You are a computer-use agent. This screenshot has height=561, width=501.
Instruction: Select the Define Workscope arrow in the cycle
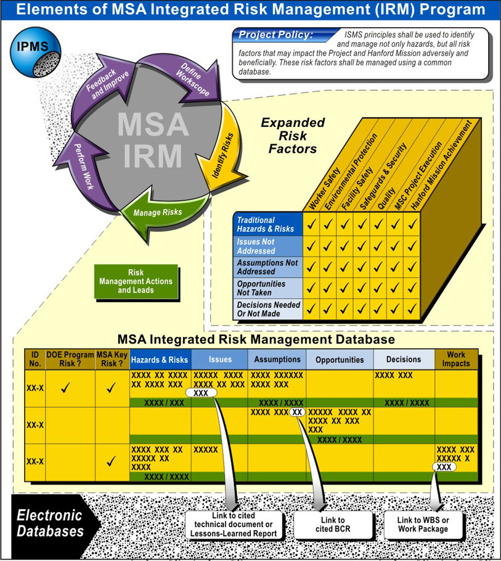pyautogui.click(x=185, y=77)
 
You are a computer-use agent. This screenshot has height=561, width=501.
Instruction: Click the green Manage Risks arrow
pyautogui.click(x=157, y=213)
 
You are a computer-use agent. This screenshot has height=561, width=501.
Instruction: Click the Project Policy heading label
pyautogui.click(x=275, y=35)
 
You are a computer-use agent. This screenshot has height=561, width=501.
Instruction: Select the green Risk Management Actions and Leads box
pyautogui.click(x=136, y=281)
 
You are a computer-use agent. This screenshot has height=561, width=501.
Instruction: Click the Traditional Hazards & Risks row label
pyautogui.click(x=269, y=224)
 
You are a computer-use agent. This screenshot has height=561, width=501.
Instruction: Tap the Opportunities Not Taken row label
pyautogui.click(x=269, y=288)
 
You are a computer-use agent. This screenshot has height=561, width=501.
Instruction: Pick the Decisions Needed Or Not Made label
pyautogui.click(x=269, y=309)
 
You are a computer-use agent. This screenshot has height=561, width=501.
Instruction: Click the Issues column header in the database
pyautogui.click(x=219, y=359)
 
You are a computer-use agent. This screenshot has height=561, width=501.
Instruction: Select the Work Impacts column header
pyautogui.click(x=456, y=359)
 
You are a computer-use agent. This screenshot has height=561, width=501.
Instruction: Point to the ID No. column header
pyautogui.click(x=35, y=359)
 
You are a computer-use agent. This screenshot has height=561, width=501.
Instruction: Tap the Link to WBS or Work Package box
pyautogui.click(x=423, y=525)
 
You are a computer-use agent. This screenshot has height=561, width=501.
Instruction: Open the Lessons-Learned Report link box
pyautogui.click(x=233, y=525)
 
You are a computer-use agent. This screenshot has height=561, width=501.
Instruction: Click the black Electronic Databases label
pyautogui.click(x=49, y=523)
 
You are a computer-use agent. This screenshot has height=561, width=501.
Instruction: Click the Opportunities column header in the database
pyautogui.click(x=340, y=359)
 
